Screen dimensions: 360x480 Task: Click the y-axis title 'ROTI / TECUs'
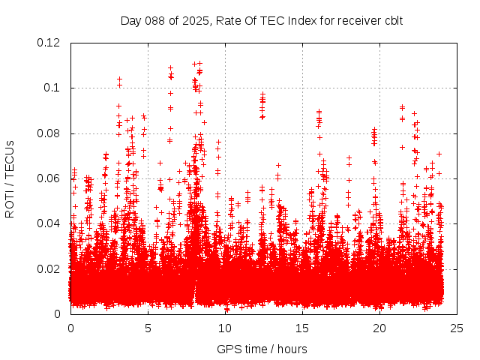pyautogui.click(x=10, y=178)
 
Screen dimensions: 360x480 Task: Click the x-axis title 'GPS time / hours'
pyautogui.click(x=262, y=349)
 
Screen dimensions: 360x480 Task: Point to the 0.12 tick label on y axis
pyautogui.click(x=49, y=43)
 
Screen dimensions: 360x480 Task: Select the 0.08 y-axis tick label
pyautogui.click(x=49, y=133)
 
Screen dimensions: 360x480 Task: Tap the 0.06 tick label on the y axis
pyautogui.click(x=49, y=178)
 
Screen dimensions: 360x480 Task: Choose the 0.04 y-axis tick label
pyautogui.click(x=49, y=223)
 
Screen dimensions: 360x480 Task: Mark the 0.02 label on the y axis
pyautogui.click(x=49, y=268)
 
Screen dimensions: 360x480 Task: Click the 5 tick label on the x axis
pyautogui.click(x=148, y=328)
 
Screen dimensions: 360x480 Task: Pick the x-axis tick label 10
pyautogui.click(x=225, y=328)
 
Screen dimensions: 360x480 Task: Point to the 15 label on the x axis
pyautogui.click(x=302, y=328)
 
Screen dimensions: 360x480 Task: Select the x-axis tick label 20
pyautogui.click(x=379, y=328)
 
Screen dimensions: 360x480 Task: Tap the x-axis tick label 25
pyautogui.click(x=457, y=328)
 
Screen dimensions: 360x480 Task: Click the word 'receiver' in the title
pyautogui.click(x=355, y=20)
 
